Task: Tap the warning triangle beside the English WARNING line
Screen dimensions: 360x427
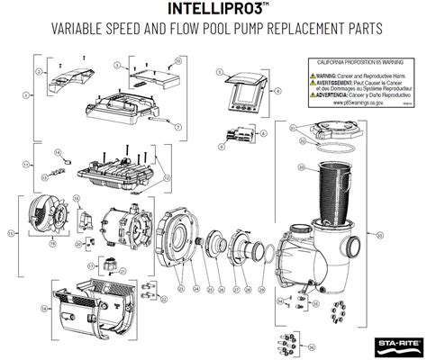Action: click(313, 76)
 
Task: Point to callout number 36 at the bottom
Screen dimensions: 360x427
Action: click(312, 346)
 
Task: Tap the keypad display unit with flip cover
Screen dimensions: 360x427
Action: click(249, 90)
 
